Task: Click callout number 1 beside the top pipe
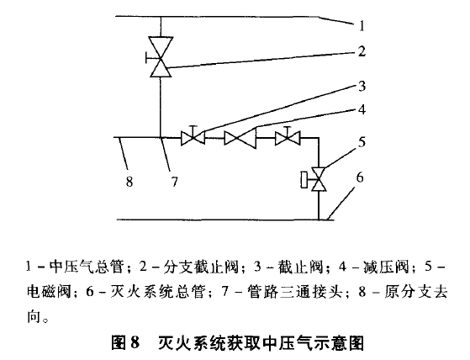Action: pyautogui.click(x=362, y=25)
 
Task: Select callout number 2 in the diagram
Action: pyautogui.click(x=362, y=51)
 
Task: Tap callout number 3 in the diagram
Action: pyautogui.click(x=362, y=86)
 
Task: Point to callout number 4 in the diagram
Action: pyautogui.click(x=362, y=109)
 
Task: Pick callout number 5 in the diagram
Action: pyautogui.click(x=362, y=141)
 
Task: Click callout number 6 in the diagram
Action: pyautogui.click(x=360, y=177)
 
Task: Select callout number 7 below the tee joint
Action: pyautogui.click(x=174, y=182)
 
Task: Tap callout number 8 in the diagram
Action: pyautogui.click(x=129, y=182)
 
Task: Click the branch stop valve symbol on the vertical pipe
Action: pyautogui.click(x=161, y=57)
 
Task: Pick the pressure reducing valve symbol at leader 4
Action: pyautogui.click(x=240, y=138)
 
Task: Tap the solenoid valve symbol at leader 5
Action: pyautogui.click(x=314, y=179)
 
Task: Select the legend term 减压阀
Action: pyautogui.click(x=386, y=267)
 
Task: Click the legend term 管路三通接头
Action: pyautogui.click(x=295, y=291)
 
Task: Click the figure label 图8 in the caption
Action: pyautogui.click(x=125, y=343)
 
